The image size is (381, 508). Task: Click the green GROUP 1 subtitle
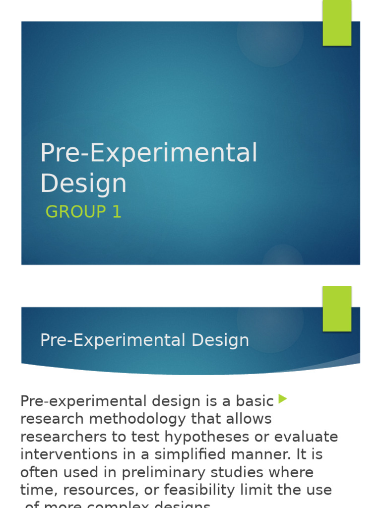pyautogui.click(x=83, y=212)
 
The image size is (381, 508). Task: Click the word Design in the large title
pyautogui.click(x=83, y=183)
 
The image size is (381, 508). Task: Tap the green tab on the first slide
pyautogui.click(x=337, y=23)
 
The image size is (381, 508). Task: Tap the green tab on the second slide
pyautogui.click(x=337, y=309)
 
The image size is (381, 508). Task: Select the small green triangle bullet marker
pyautogui.click(x=283, y=398)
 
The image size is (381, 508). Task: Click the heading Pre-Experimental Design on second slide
pyautogui.click(x=144, y=340)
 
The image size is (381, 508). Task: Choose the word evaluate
pyautogui.click(x=306, y=437)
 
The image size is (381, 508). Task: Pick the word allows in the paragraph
pyautogui.click(x=245, y=419)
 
